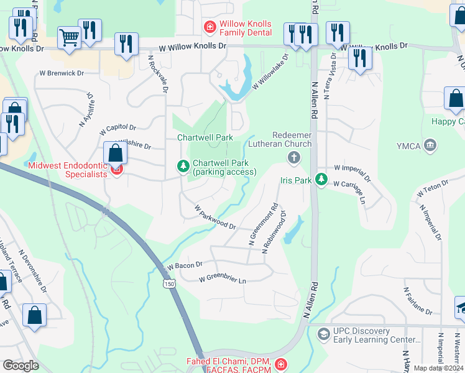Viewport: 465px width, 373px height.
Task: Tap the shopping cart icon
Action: (69, 37)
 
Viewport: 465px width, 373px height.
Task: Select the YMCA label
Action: (407, 146)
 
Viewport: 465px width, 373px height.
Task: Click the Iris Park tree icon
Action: (321, 179)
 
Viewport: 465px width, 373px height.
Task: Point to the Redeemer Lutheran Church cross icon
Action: (293, 159)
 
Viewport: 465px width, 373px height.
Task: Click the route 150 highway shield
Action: (169, 283)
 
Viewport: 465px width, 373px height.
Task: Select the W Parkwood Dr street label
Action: (215, 218)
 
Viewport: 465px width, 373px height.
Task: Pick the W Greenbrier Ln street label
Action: (223, 280)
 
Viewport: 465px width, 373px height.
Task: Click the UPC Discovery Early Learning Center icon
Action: (323, 335)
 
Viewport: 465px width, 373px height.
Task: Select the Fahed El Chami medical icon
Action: (281, 364)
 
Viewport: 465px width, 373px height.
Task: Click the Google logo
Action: (21, 366)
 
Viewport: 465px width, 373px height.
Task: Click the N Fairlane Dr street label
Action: (417, 300)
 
